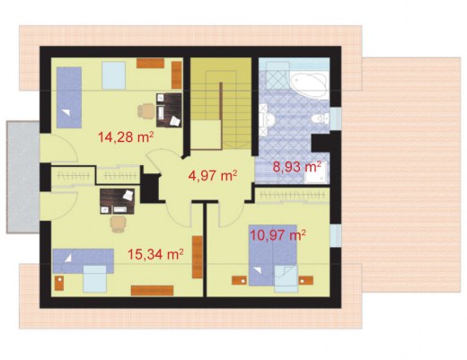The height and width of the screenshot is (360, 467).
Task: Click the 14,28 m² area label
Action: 126,137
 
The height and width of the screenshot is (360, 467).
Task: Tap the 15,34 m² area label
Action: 155,254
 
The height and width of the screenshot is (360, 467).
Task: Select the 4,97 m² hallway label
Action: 213,175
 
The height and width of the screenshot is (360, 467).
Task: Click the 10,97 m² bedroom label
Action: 278,235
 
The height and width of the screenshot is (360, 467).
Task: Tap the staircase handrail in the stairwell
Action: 221,115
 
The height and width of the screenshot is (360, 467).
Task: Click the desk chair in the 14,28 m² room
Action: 146,111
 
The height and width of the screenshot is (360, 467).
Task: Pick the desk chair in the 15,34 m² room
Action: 118,224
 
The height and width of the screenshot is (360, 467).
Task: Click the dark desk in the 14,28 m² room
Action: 169,110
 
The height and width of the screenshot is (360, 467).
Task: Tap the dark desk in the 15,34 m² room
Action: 118,201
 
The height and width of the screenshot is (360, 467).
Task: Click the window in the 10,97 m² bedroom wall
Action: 336,235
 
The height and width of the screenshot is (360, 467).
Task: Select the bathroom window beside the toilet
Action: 336,119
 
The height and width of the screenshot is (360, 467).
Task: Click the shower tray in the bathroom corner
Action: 316,173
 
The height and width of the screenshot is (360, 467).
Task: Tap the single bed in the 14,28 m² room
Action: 69,98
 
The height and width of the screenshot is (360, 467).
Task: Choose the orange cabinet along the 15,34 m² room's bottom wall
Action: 153,291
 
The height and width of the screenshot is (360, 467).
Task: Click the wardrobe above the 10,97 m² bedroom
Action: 292,196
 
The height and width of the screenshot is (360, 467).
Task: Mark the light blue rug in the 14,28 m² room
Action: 114,75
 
